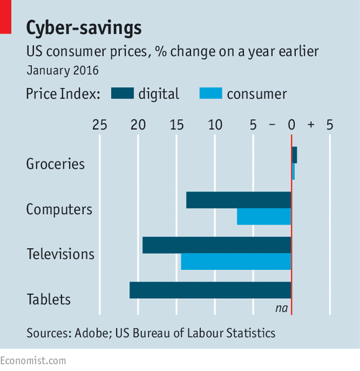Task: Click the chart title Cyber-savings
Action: [x=84, y=28]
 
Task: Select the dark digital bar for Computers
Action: [x=238, y=200]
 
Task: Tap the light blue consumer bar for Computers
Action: [x=264, y=217]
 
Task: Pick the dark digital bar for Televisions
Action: [x=217, y=245]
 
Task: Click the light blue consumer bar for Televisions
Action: [x=236, y=261]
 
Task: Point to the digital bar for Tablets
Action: [x=210, y=290]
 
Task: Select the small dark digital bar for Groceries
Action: [x=294, y=155]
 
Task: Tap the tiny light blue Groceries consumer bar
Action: [x=293, y=171]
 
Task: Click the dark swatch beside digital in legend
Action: [x=122, y=93]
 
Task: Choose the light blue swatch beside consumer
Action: [x=211, y=93]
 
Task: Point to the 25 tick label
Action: [x=100, y=125]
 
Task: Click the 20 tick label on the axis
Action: [x=138, y=125]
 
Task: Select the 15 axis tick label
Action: [x=176, y=125]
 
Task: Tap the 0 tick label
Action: [x=292, y=125]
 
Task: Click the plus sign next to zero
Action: [x=311, y=125]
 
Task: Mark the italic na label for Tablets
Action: [x=282, y=308]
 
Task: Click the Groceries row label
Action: [x=55, y=164]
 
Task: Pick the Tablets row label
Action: [x=49, y=299]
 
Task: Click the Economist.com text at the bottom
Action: [x=33, y=361]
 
